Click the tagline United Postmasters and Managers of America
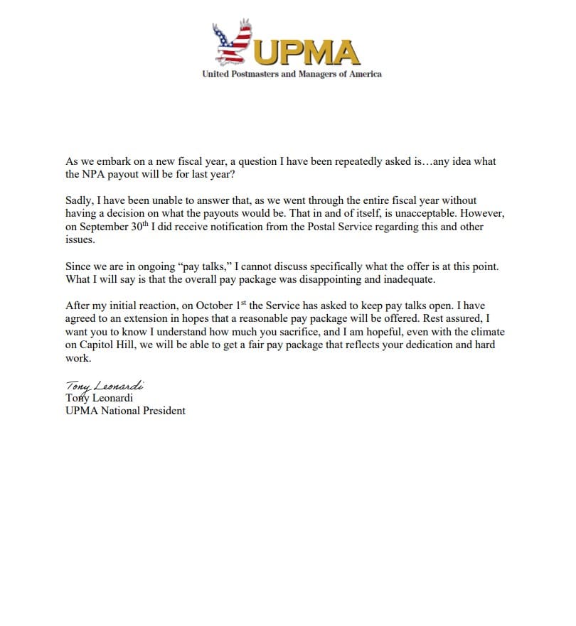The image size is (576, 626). [292, 74]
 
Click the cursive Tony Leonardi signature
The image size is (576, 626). [105, 386]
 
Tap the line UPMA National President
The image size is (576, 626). [125, 411]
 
